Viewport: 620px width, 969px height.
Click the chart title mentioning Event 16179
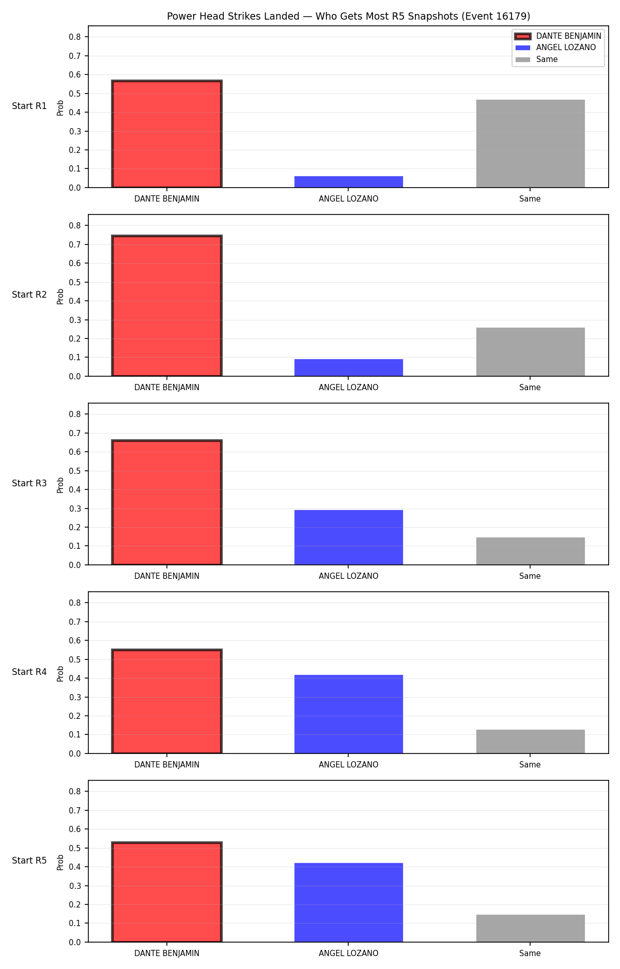point(348,16)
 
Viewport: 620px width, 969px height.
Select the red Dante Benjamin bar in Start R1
point(167,134)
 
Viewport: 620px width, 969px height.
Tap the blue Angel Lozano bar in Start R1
point(349,182)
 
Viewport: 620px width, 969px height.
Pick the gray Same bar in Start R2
point(531,352)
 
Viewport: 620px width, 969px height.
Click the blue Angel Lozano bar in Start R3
point(349,537)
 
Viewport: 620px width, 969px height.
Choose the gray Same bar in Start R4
point(531,742)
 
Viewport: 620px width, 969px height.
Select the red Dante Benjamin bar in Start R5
point(167,892)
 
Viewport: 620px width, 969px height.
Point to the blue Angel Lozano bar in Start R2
point(349,367)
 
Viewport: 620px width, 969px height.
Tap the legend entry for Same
point(537,59)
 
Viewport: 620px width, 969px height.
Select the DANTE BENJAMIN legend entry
point(559,36)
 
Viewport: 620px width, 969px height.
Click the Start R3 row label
point(29,483)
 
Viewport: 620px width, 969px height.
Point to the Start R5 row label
point(29,860)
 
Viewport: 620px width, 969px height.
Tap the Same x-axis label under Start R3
point(530,576)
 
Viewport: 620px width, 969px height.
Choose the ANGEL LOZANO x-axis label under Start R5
point(349,953)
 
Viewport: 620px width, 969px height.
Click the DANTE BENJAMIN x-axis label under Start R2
point(167,387)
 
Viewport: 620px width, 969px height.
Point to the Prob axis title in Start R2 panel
point(60,296)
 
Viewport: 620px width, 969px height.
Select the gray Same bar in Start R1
point(531,144)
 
